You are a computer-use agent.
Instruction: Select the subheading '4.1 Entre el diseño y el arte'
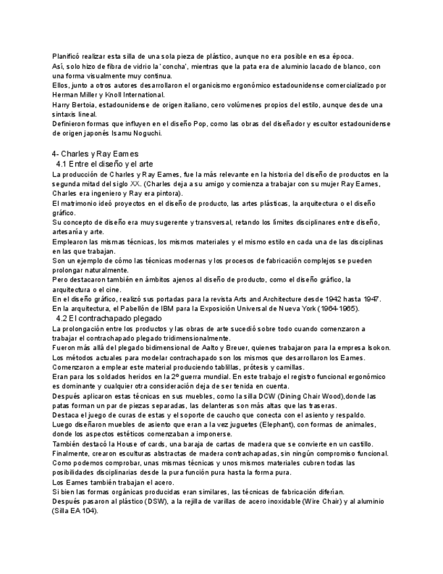(x=105, y=164)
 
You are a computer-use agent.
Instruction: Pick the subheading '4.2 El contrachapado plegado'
(x=109, y=318)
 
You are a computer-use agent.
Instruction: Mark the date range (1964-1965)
(x=337, y=309)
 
